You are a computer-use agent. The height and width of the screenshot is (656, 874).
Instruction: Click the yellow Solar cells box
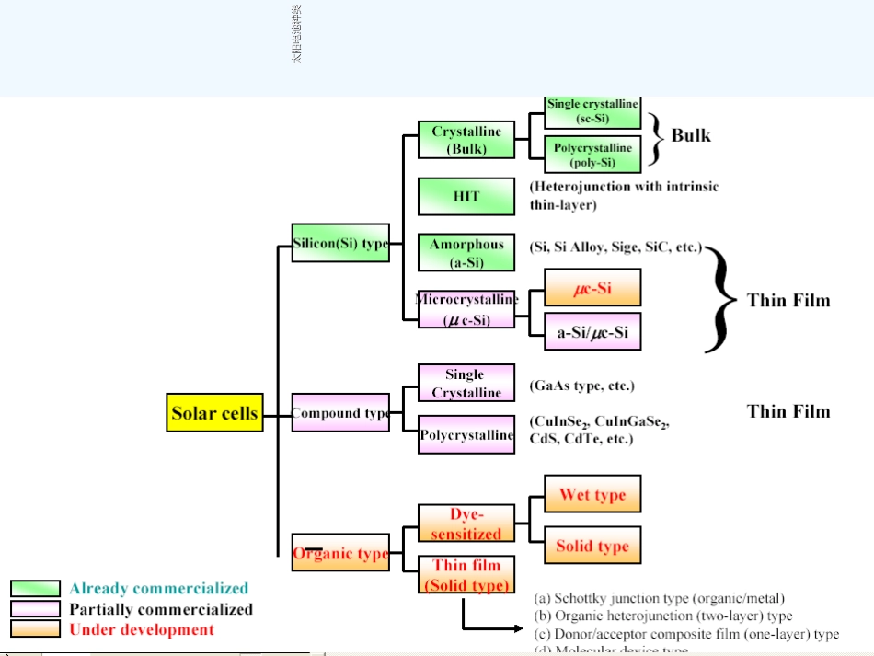[x=215, y=413]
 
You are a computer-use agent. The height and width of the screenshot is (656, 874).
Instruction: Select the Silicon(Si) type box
[x=340, y=244]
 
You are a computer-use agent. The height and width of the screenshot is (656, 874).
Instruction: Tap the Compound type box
[x=340, y=413]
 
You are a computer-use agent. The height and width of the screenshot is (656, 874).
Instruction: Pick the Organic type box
[x=340, y=554]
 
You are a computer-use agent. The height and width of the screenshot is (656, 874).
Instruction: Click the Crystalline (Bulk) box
[x=466, y=140]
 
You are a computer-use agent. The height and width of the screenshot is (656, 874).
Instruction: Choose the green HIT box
[x=466, y=196]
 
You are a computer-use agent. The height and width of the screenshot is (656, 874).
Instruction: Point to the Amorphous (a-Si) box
[x=466, y=253]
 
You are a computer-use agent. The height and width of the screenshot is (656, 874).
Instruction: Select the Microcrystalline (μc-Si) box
[x=466, y=309]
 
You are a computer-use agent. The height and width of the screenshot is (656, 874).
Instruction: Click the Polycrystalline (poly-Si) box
[x=592, y=155]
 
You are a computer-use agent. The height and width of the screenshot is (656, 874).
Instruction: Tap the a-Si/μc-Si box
[x=592, y=332]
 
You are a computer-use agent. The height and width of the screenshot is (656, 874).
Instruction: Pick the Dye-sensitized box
[x=466, y=524]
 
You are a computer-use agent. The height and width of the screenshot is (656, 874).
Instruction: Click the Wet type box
[x=592, y=494]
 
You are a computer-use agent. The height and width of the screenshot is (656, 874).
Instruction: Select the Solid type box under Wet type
[x=592, y=546]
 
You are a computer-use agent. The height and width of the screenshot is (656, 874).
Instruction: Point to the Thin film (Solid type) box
[x=466, y=575]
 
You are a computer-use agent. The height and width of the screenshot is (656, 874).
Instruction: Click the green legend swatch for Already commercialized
[x=35, y=588]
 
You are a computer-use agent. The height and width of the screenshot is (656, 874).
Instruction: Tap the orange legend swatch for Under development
[x=35, y=629]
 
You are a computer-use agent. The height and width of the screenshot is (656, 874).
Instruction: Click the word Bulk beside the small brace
[x=691, y=135]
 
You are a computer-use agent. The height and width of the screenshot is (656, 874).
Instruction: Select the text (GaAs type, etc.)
[x=581, y=386]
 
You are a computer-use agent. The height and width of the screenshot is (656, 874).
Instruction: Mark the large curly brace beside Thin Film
[x=721, y=300]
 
